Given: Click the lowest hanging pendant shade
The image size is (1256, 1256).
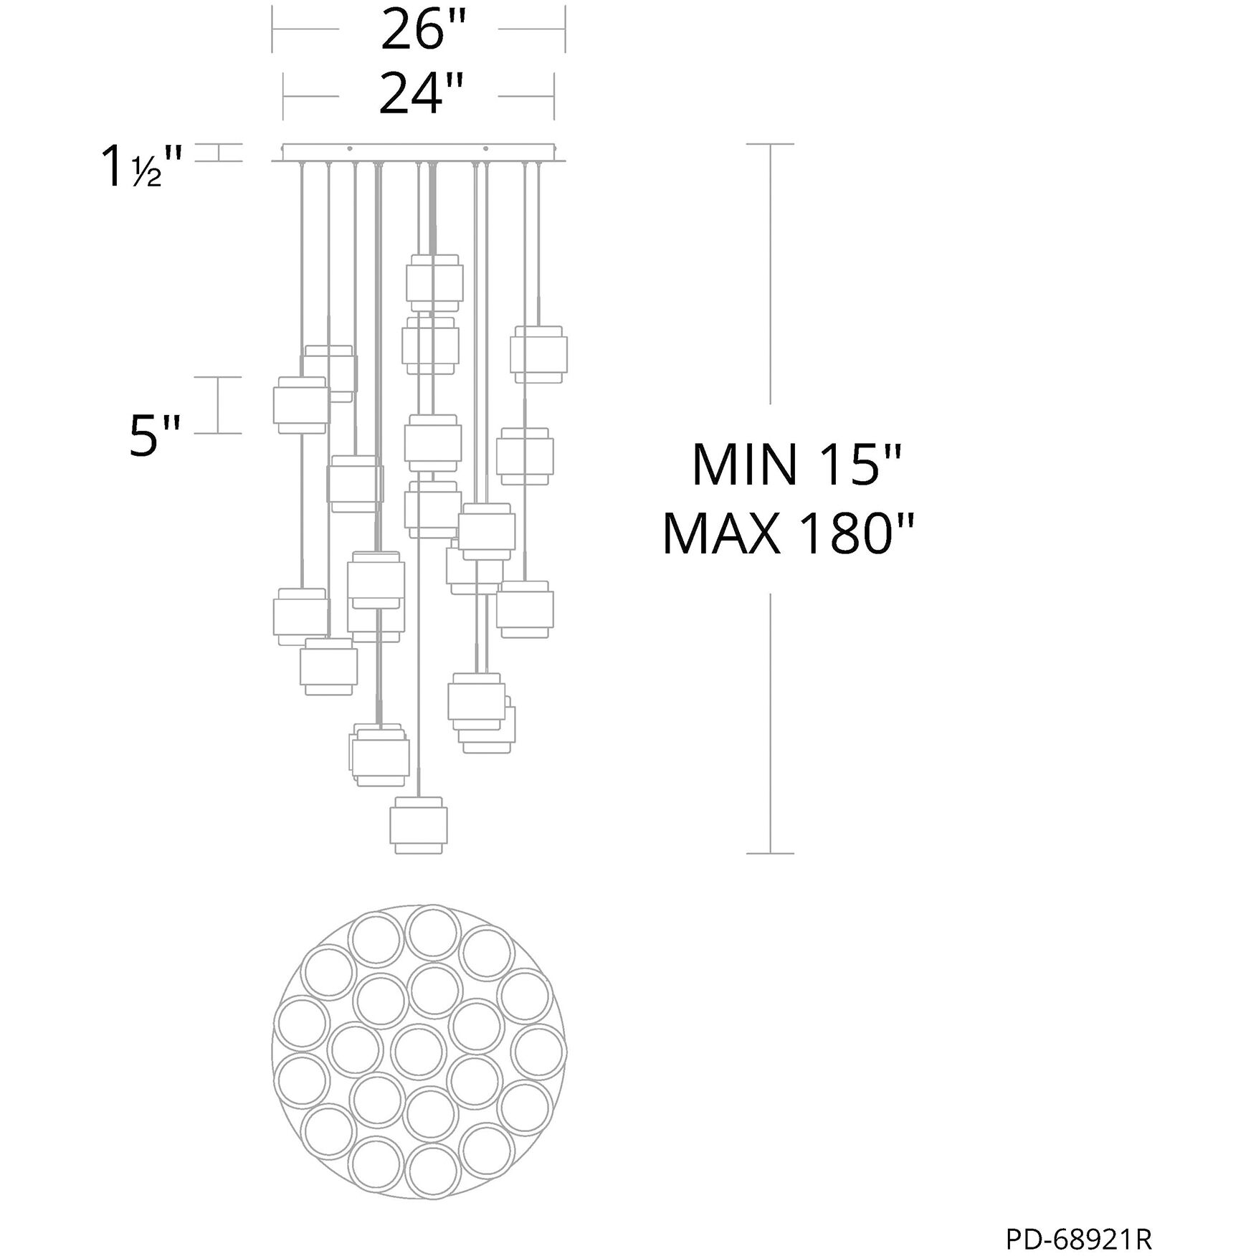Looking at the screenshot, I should click(x=419, y=825).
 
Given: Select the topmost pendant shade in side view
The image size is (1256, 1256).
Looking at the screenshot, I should click(x=434, y=282).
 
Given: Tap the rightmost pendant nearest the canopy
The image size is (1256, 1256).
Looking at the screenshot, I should click(x=538, y=354).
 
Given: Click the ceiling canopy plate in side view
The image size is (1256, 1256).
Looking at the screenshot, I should click(x=419, y=153).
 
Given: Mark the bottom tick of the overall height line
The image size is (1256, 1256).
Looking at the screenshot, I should click(x=770, y=853).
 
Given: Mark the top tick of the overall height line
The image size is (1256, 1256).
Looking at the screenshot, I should click(x=770, y=144).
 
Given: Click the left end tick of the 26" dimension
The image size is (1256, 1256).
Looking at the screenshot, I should click(x=272, y=29).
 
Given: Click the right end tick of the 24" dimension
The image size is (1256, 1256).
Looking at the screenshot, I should click(x=554, y=96).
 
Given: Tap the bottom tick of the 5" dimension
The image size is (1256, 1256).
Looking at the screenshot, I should click(x=219, y=433).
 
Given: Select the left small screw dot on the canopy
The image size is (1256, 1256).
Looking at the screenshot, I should click(x=349, y=149).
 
